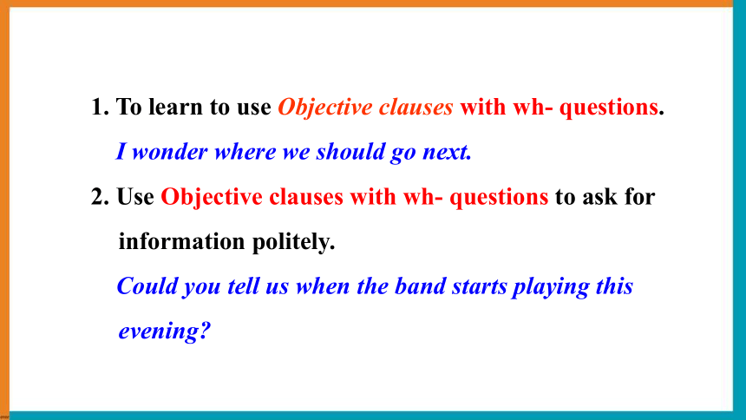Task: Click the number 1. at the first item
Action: [x=100, y=107]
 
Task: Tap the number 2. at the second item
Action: [x=100, y=197]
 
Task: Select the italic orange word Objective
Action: [x=325, y=108]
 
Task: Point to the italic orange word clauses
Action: [x=416, y=107]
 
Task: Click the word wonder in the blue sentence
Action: [x=170, y=152]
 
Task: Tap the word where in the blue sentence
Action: [x=245, y=152]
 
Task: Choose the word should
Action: [x=350, y=152]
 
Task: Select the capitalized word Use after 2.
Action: [x=135, y=197]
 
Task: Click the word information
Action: [x=182, y=241]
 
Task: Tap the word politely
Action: [x=293, y=242]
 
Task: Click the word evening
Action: [x=158, y=331]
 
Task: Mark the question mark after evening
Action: [x=205, y=331]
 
